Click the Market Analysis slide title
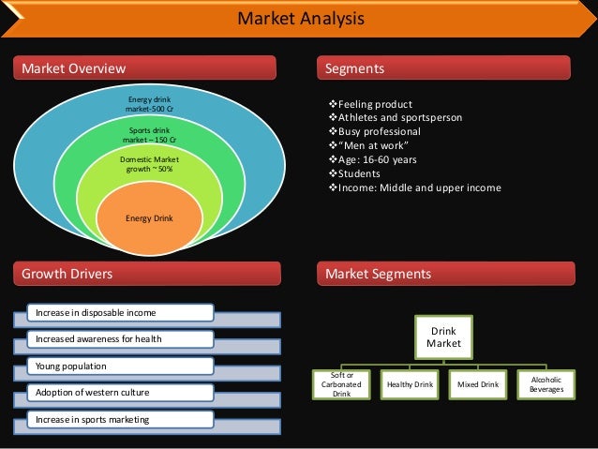click(299, 20)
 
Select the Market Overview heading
click(73, 68)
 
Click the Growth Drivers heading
click(67, 274)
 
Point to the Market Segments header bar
click(378, 274)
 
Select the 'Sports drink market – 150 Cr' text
click(149, 135)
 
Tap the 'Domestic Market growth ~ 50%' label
click(149, 165)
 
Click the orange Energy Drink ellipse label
click(150, 218)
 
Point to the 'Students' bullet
click(360, 173)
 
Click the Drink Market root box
click(443, 337)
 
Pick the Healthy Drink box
click(410, 384)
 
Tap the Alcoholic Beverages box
click(546, 383)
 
